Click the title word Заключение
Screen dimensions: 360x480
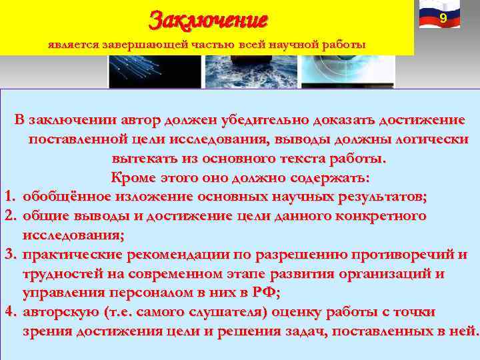[x=208, y=18]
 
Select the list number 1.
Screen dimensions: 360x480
[x=9, y=197]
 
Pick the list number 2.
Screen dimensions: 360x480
[x=9, y=216]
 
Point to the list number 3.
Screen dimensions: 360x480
[x=9, y=255]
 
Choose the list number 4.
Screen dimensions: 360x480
[x=9, y=312]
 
